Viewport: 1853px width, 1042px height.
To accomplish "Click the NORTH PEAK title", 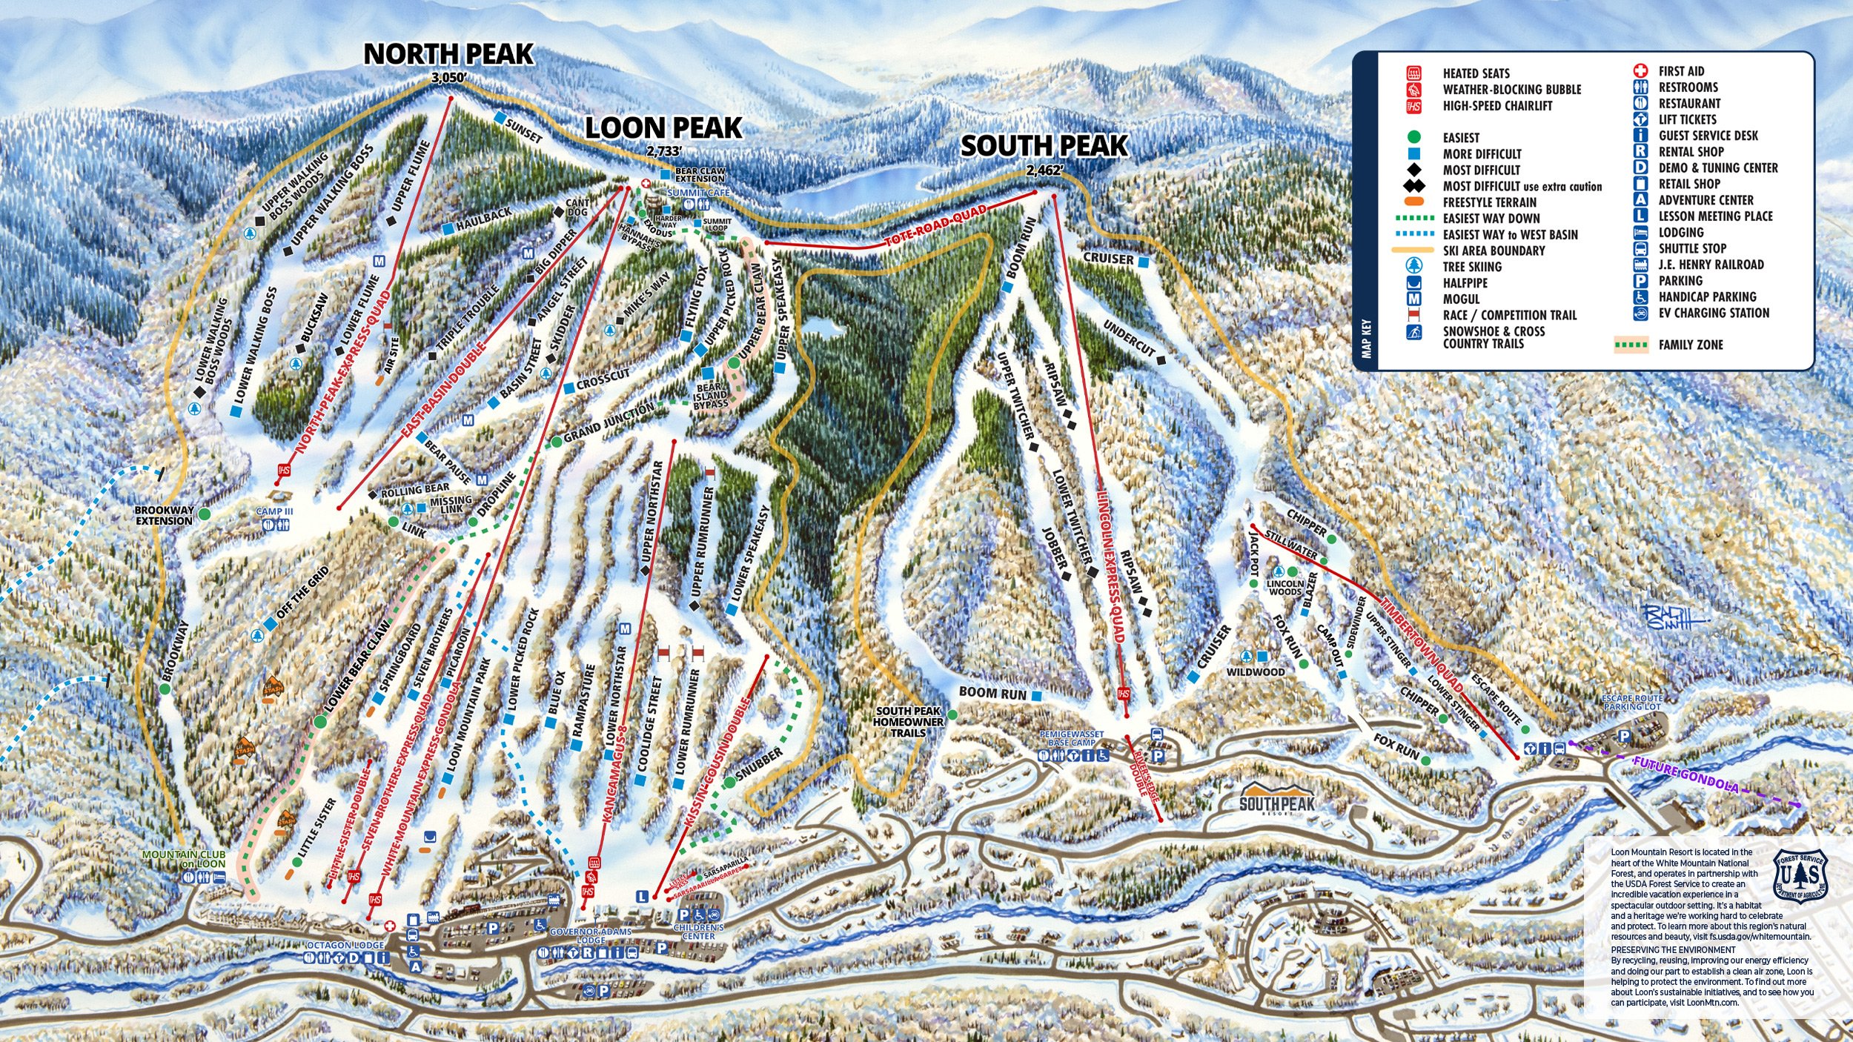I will point(448,54).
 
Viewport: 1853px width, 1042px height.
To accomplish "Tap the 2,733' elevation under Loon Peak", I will point(663,151).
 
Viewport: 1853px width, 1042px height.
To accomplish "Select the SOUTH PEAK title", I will point(1044,146).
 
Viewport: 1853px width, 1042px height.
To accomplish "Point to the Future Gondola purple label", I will point(1685,774).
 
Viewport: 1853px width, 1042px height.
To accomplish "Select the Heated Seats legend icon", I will point(1414,73).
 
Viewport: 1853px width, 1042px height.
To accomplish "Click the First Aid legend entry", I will point(1681,71).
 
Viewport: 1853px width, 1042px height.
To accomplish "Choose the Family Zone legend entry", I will point(1690,345).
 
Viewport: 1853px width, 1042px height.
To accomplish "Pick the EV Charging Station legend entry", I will point(1713,313).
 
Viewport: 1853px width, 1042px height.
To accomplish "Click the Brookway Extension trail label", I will point(164,515).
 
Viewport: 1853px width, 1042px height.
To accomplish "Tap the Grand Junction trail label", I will point(609,422).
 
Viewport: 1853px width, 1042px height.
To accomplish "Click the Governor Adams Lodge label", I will point(591,935).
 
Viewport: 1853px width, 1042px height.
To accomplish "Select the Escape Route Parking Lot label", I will point(1631,702).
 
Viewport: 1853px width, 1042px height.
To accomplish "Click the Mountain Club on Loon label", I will point(183,859).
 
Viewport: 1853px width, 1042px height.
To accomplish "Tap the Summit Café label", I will point(698,193).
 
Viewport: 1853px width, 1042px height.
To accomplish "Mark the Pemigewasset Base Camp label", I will point(1071,738).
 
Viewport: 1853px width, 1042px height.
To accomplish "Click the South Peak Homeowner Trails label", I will point(908,721).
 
